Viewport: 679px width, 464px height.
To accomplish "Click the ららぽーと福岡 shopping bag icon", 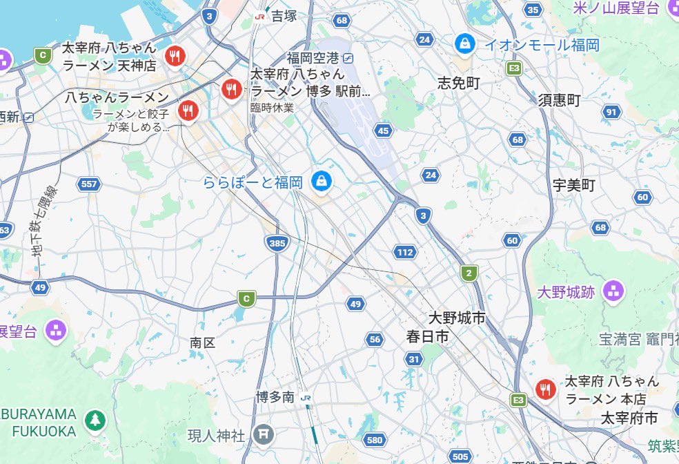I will click(x=320, y=182).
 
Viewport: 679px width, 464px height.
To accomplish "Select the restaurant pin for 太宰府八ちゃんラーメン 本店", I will click(x=546, y=389).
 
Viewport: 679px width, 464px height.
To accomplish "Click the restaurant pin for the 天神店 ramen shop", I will click(x=176, y=56).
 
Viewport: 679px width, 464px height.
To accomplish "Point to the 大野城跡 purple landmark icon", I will click(x=612, y=291).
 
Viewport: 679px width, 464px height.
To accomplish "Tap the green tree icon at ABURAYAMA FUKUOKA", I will click(x=95, y=419).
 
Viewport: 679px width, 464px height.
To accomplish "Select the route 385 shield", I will click(x=276, y=242).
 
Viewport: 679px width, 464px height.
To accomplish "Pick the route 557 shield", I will click(x=89, y=184).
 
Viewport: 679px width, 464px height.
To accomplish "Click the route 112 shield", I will click(x=405, y=252).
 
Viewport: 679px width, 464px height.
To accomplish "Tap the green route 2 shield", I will click(x=469, y=273).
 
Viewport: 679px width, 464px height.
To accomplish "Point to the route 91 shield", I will click(x=611, y=112).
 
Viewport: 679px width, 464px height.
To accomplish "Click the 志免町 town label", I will click(x=458, y=83).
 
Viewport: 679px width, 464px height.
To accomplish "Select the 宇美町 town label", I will click(x=573, y=185).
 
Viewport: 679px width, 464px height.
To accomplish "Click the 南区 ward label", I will click(x=203, y=342).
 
